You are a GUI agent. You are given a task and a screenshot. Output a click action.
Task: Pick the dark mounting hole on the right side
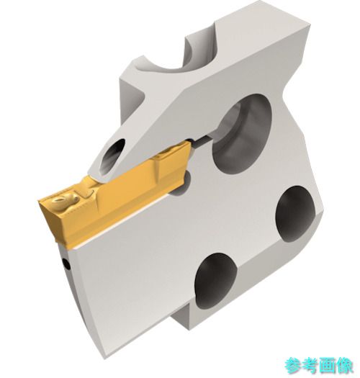point(294,214)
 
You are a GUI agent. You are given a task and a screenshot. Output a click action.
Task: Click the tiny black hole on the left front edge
point(67,265)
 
